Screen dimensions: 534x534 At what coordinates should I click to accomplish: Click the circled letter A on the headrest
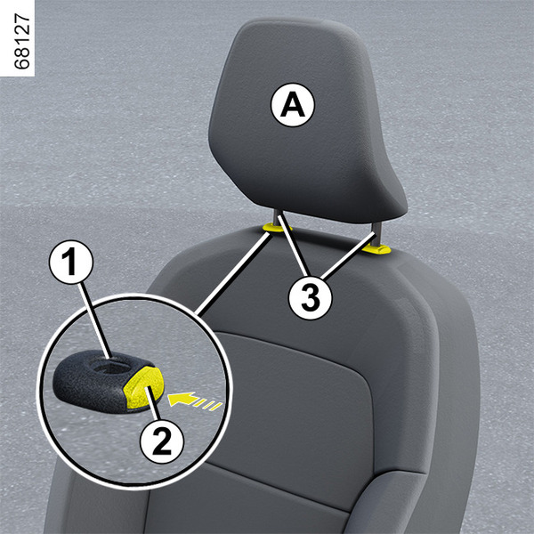(x=293, y=105)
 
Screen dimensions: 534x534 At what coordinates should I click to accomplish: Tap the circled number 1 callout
(x=71, y=263)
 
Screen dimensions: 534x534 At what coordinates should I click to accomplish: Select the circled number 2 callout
(x=162, y=441)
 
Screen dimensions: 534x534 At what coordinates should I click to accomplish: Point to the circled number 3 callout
(x=310, y=297)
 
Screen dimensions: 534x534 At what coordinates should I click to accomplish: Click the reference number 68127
(x=22, y=42)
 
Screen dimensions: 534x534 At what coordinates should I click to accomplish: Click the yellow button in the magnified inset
(x=143, y=387)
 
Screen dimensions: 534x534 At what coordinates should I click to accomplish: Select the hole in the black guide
(x=111, y=368)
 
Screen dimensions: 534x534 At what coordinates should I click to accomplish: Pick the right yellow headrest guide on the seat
(x=376, y=249)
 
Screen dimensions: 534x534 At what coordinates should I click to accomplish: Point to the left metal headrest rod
(x=278, y=216)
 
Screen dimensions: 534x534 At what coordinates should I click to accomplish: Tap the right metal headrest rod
(x=376, y=234)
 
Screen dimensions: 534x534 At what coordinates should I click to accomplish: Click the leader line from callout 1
(x=94, y=320)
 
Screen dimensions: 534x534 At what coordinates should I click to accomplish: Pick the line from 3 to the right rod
(x=348, y=255)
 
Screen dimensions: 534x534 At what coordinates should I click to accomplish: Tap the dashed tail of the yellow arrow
(x=208, y=405)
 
